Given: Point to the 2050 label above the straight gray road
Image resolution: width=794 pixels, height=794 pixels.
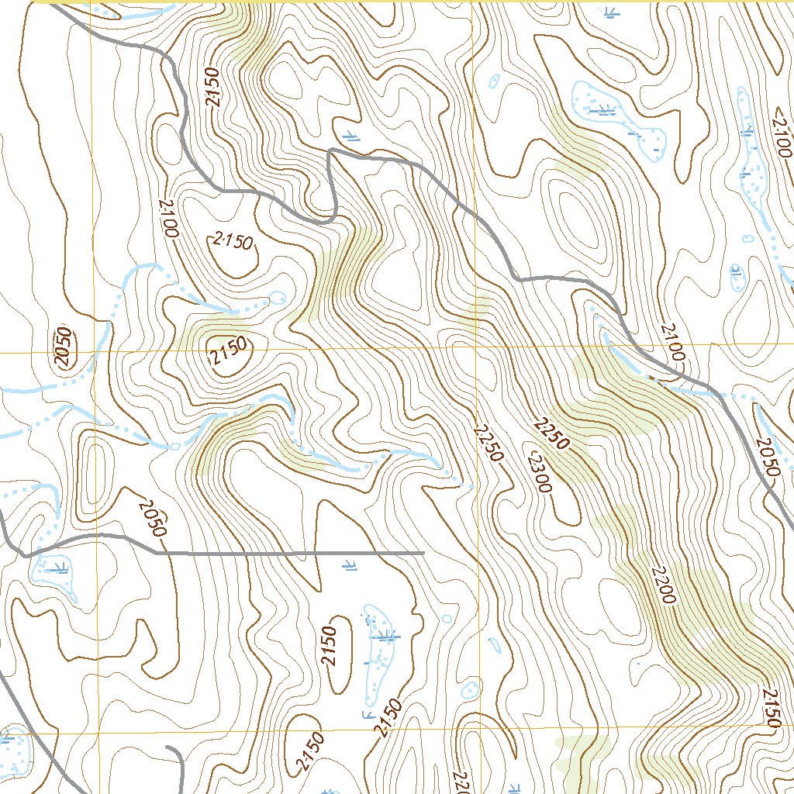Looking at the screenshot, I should click(x=152, y=519).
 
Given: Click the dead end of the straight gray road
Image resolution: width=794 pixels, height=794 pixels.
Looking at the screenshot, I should click(x=423, y=554).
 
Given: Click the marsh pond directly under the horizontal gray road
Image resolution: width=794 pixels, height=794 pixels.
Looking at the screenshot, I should click(x=54, y=574).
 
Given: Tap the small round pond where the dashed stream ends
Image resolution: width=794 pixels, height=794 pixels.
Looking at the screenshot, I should click(x=277, y=297).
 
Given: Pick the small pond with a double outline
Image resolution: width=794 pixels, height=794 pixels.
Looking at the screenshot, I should click(x=469, y=690).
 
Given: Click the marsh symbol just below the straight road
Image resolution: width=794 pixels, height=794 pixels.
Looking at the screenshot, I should click(x=350, y=567).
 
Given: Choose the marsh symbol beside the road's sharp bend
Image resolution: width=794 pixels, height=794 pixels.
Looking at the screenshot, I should click(x=351, y=135).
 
